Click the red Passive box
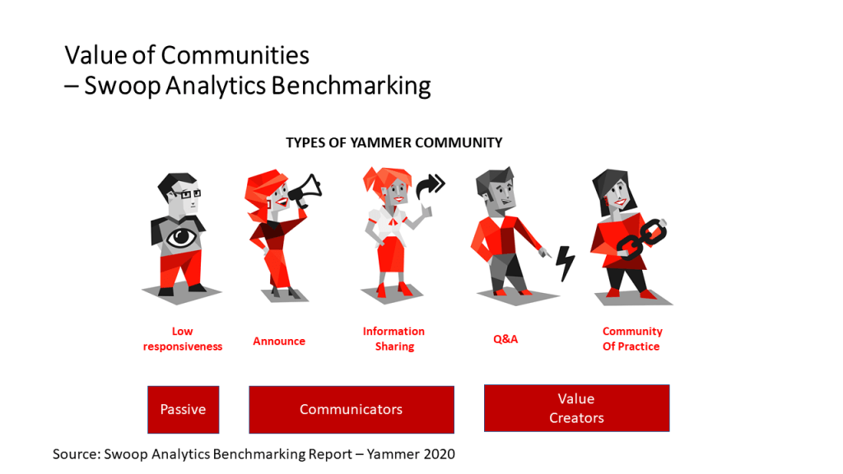pyautogui.click(x=184, y=410)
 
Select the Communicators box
pyautogui.click(x=351, y=410)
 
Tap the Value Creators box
pyautogui.click(x=577, y=408)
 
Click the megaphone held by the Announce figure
pyautogui.click(x=305, y=191)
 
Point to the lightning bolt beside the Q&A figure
pyautogui.click(x=565, y=263)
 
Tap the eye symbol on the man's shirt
pyautogui.click(x=180, y=237)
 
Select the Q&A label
pyautogui.click(x=505, y=339)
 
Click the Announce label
pyautogui.click(x=279, y=342)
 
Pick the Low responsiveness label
pyautogui.click(x=183, y=339)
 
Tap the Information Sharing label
pyautogui.click(x=394, y=339)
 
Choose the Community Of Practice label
pyautogui.click(x=632, y=339)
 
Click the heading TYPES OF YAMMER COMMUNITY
pyautogui.click(x=394, y=143)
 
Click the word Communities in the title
pyautogui.click(x=235, y=55)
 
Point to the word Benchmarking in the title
pyautogui.click(x=351, y=86)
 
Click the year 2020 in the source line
pyautogui.click(x=440, y=454)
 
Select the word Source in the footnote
pyautogui.click(x=77, y=454)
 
